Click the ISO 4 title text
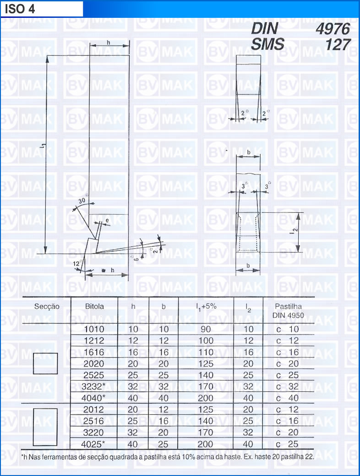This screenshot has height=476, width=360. pyautogui.click(x=20, y=9)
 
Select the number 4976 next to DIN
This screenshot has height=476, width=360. pyautogui.click(x=333, y=29)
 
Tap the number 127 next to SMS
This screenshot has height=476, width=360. pyautogui.click(x=338, y=44)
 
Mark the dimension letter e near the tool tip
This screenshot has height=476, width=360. pyautogui.click(x=107, y=221)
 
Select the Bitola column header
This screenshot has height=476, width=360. pyautogui.click(x=94, y=306)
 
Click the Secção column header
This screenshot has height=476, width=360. pyautogui.click(x=47, y=306)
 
